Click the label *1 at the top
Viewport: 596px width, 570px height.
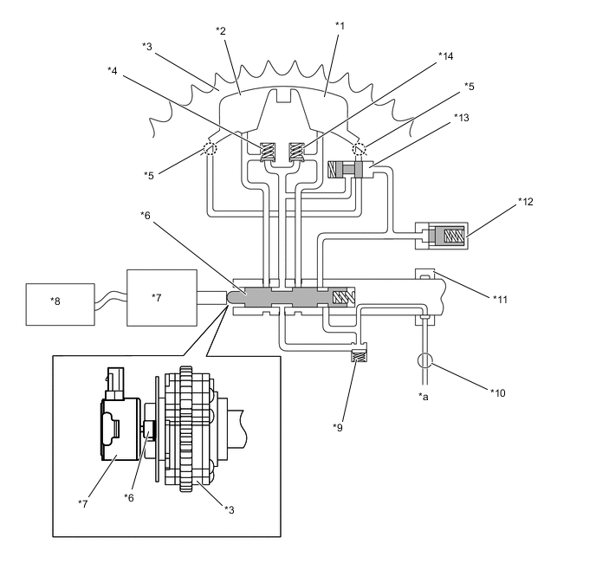340,26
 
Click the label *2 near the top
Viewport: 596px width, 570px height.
221,31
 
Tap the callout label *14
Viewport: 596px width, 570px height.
445,56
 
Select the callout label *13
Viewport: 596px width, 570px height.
462,118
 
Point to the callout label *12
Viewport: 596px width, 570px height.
526,201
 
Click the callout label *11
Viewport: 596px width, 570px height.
500,300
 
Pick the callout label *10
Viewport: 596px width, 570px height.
498,393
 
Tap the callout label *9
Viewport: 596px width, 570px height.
338,428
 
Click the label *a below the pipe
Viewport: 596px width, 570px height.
424,397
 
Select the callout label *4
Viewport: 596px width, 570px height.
113,71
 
